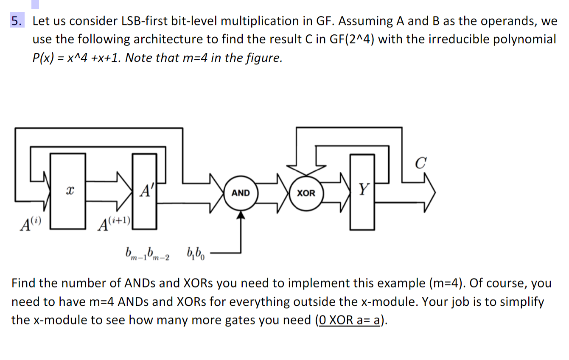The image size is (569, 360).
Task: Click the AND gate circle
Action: pos(241,193)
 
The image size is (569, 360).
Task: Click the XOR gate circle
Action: pos(306,193)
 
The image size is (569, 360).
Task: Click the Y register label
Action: pos(362,188)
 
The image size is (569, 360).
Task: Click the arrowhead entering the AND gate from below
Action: pos(241,215)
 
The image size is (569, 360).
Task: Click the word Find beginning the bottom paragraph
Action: pos(26,283)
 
